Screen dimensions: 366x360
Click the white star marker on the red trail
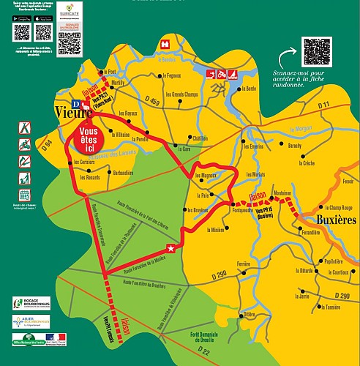tap(171, 250)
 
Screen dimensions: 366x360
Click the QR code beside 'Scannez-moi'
tap(317, 51)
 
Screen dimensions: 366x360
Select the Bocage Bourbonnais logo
tap(31, 303)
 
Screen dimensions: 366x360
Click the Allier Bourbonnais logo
tap(31, 321)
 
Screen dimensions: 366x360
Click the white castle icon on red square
tap(165, 44)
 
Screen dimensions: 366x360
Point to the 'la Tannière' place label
tap(332, 307)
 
